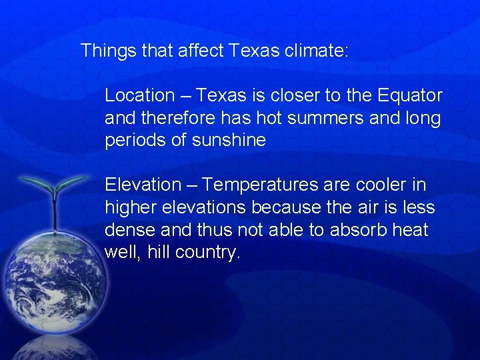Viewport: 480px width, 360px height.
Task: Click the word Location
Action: [137, 96]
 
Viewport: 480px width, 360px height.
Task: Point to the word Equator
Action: [409, 96]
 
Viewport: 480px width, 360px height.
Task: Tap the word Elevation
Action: [142, 185]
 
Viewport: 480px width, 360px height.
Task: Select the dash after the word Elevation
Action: [191, 185]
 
